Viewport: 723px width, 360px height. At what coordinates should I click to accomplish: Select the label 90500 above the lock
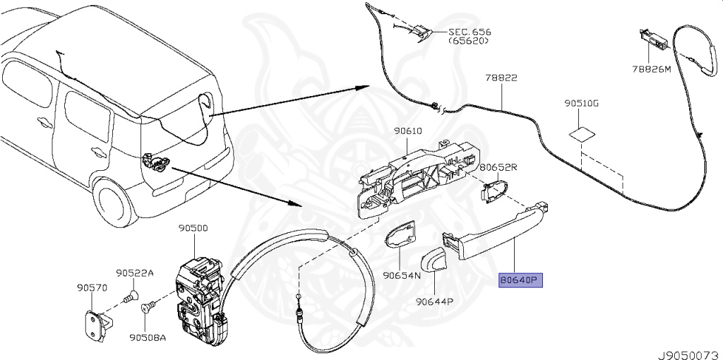[x=193, y=228]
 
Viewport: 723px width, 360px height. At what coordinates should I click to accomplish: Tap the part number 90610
[x=407, y=132]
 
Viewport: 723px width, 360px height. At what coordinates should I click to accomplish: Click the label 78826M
[x=652, y=69]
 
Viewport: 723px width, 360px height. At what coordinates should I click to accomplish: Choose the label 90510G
[x=581, y=103]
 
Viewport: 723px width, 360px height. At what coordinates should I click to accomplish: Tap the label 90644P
[x=434, y=301]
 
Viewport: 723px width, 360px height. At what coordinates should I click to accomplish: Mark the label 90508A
[x=146, y=337]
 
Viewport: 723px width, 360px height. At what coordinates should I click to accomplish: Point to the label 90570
[x=91, y=287]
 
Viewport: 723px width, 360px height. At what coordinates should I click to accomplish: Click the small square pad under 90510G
[x=582, y=132]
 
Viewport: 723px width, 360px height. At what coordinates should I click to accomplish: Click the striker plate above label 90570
[x=96, y=325]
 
